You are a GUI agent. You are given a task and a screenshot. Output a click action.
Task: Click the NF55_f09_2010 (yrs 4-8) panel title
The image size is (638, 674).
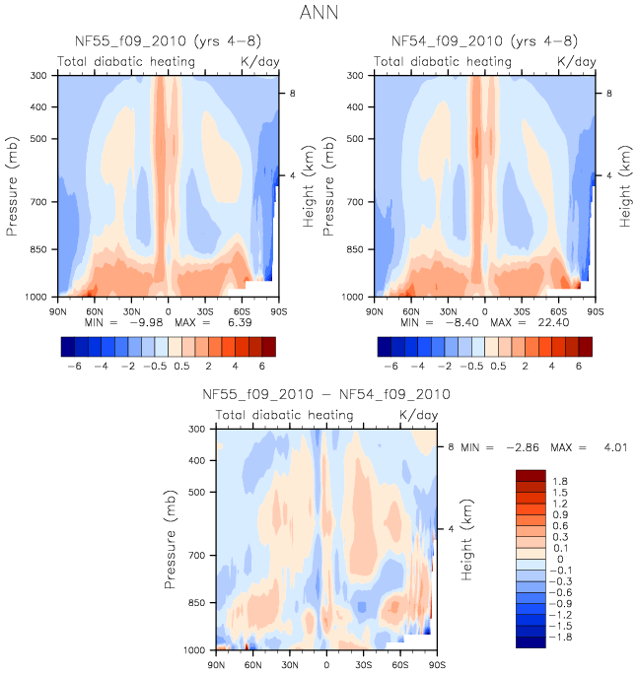coord(168,41)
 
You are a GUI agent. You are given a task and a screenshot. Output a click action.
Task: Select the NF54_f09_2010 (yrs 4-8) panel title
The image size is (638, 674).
coord(484,41)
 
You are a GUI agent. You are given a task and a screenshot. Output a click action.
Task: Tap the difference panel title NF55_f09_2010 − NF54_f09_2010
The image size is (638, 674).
coord(326,394)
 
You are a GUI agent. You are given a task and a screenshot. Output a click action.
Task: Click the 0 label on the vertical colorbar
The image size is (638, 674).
coord(560,560)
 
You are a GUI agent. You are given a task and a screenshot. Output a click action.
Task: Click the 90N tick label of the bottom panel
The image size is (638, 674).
coord(217,665)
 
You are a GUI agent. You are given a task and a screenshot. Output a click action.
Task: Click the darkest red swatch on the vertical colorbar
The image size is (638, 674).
coord(530,475)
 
